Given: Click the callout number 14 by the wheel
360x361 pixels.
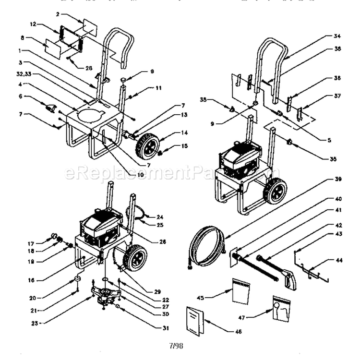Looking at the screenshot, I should [171, 132].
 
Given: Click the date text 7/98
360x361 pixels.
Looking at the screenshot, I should [176, 346].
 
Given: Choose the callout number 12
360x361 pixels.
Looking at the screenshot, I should [33, 24].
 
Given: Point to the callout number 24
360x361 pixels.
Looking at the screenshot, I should [160, 216].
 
